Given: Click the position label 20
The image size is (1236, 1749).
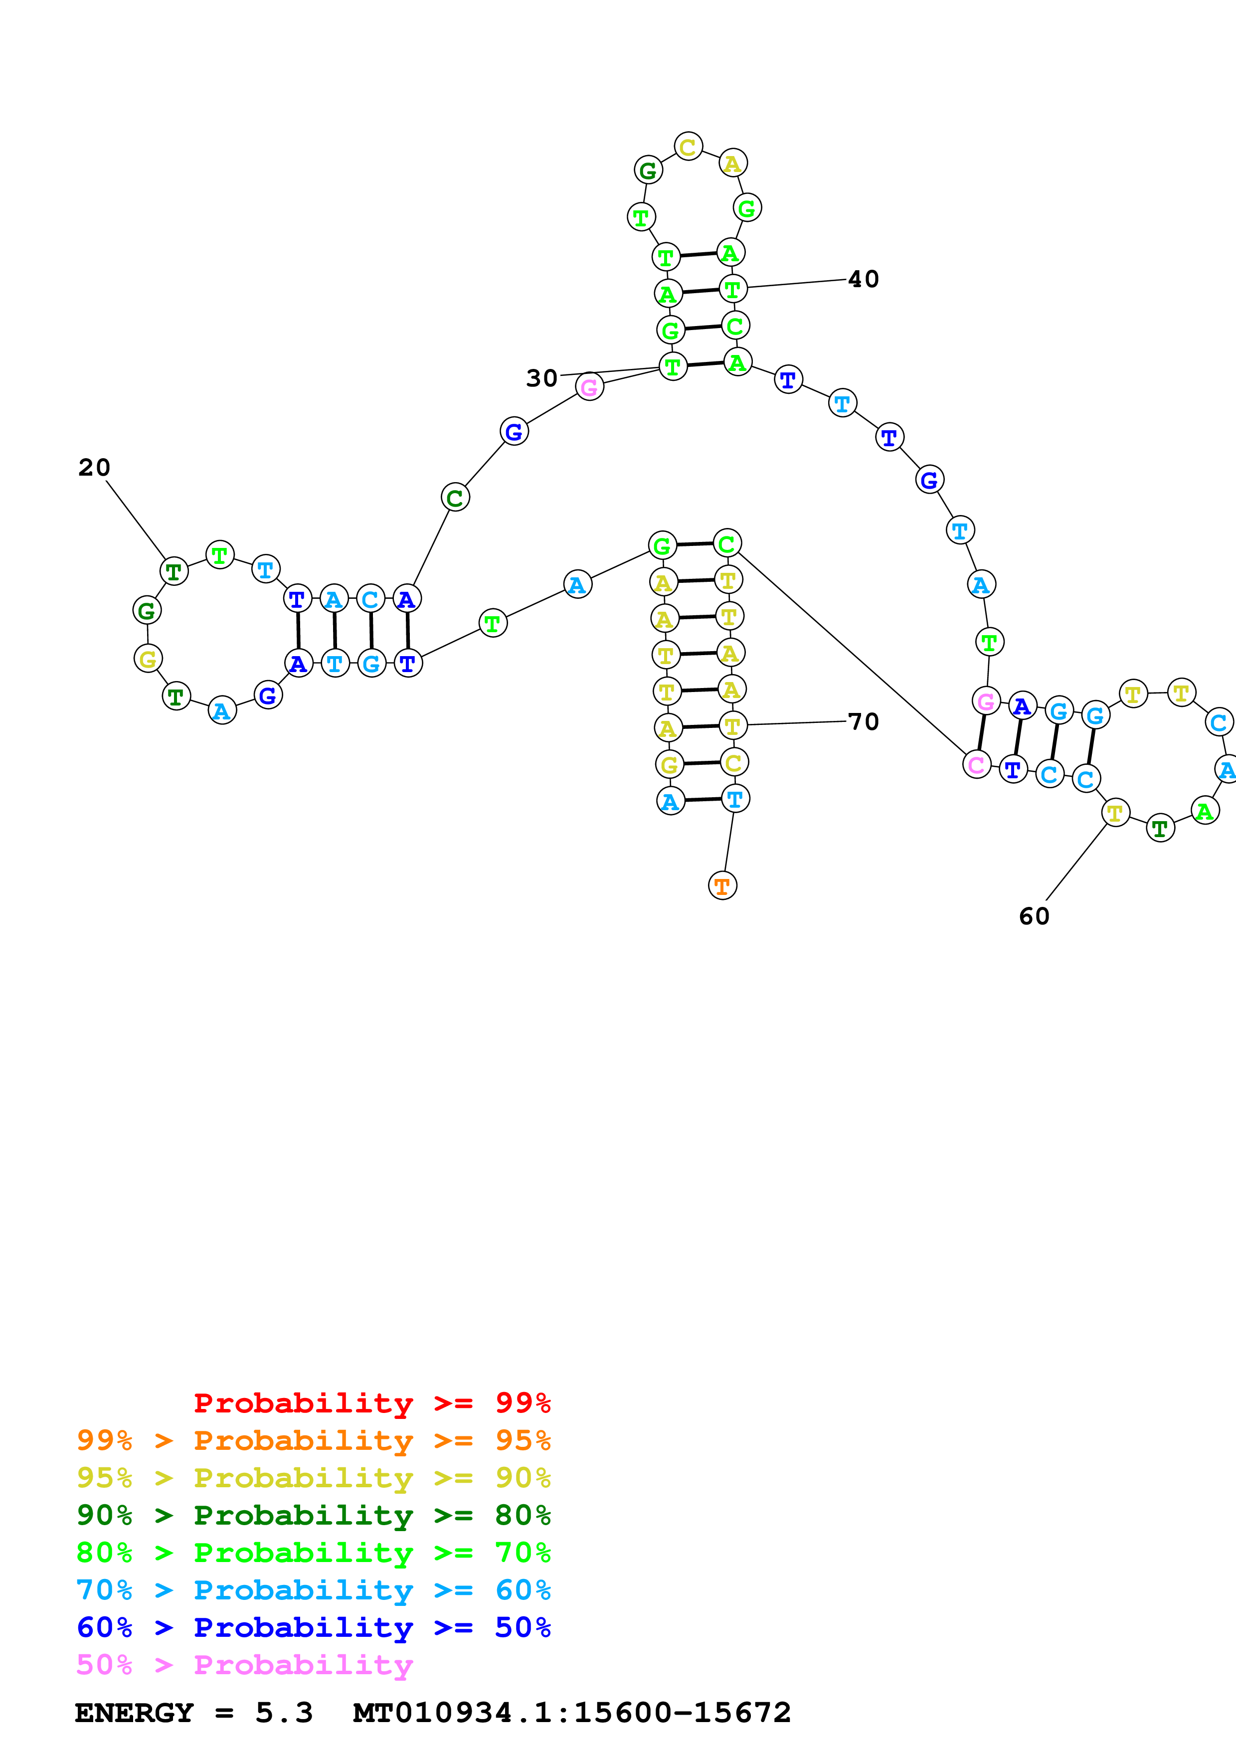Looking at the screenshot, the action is click(x=94, y=468).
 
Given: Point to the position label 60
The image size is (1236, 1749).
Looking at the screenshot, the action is click(x=1034, y=916).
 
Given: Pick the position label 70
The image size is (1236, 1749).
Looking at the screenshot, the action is click(x=863, y=721).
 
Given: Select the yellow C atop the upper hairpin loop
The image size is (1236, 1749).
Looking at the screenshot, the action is click(x=688, y=146).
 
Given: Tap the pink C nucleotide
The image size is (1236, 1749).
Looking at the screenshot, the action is click(x=976, y=764).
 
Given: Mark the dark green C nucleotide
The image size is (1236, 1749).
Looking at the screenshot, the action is click(x=455, y=498).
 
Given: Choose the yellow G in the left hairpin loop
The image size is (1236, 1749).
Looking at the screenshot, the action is click(x=148, y=658).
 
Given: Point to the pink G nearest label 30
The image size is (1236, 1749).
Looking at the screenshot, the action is click(x=589, y=387).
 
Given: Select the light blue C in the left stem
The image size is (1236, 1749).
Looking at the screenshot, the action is click(x=370, y=599).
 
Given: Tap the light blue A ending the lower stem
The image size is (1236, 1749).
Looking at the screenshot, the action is click(x=670, y=801).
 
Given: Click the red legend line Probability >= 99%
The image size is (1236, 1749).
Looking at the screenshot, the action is click(x=371, y=1403).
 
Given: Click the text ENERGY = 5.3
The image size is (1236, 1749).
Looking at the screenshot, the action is click(x=193, y=1713).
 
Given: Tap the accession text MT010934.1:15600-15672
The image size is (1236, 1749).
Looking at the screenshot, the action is click(x=571, y=1713).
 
